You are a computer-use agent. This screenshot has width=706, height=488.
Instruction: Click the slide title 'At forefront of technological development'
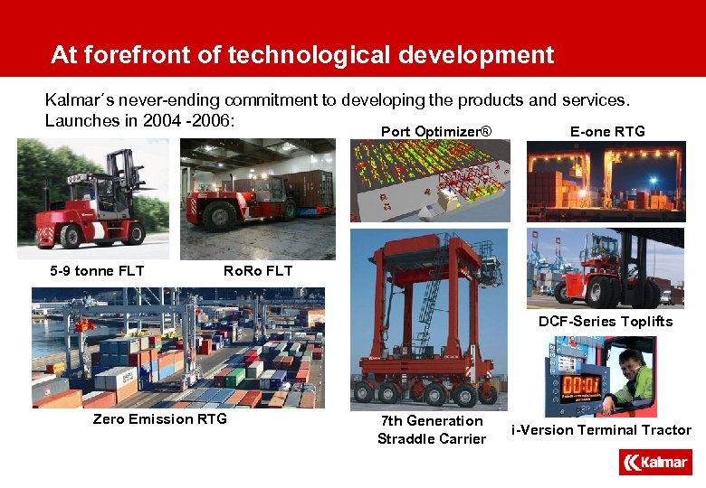pos(301,55)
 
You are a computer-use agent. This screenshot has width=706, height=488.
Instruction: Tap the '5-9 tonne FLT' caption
pos(97,271)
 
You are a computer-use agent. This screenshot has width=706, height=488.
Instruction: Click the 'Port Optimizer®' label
pos(436,132)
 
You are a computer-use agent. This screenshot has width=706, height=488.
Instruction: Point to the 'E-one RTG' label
pos(607,132)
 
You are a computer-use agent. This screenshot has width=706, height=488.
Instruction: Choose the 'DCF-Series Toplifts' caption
pos(606,322)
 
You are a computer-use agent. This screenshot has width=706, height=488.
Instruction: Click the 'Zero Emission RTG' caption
pos(160,419)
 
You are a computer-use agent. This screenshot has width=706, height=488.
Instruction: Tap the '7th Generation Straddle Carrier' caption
pos(432,430)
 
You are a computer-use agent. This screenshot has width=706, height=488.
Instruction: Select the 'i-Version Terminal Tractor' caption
pos(601,430)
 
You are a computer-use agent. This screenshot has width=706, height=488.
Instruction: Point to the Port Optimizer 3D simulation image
pos(430,181)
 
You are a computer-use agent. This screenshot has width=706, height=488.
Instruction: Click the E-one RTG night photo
pos(606,181)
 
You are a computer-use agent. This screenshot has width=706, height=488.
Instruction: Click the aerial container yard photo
pos(177,348)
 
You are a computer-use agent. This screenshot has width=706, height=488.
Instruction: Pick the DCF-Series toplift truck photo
pos(606,268)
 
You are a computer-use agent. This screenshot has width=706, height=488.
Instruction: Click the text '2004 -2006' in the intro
pos(188,120)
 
